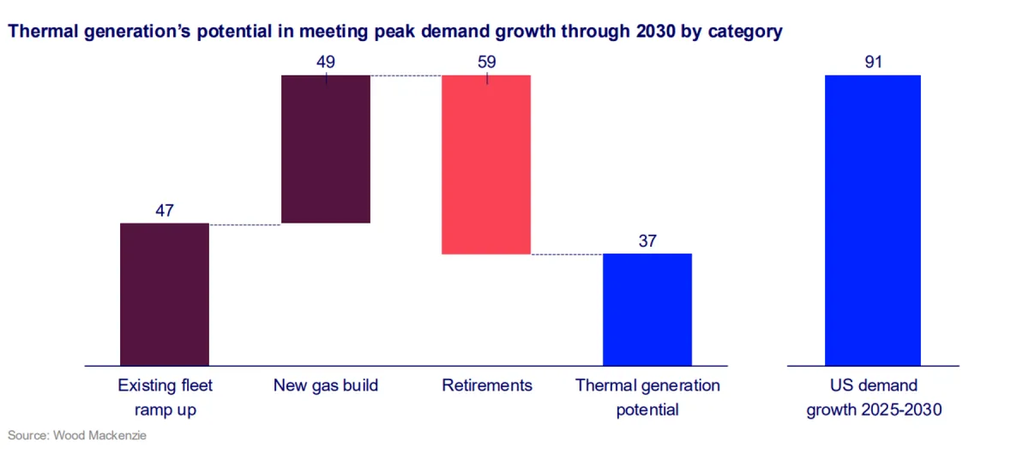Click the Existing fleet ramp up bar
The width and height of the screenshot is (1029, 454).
pyautogui.click(x=165, y=294)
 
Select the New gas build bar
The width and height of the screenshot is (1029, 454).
pyautogui.click(x=326, y=149)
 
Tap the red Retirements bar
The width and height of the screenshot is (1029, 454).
pyautogui.click(x=486, y=164)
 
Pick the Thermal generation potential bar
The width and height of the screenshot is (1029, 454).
pyautogui.click(x=647, y=309)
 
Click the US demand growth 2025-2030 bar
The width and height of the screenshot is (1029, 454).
pyautogui.click(x=873, y=220)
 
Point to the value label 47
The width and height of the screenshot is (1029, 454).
pyautogui.click(x=165, y=211)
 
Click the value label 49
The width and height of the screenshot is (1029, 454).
pyautogui.click(x=326, y=63)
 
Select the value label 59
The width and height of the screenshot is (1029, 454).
pyautogui.click(x=486, y=63)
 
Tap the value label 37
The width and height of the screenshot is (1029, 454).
pyautogui.click(x=647, y=241)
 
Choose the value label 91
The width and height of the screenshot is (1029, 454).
pyautogui.click(x=873, y=63)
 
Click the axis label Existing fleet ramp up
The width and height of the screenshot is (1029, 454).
pyautogui.click(x=165, y=397)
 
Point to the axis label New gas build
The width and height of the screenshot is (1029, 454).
pyautogui.click(x=326, y=385)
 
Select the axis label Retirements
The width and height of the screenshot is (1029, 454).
pyautogui.click(x=487, y=385)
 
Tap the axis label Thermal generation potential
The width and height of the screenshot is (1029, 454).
pyautogui.click(x=647, y=397)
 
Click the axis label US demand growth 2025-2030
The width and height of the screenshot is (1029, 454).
pyautogui.click(x=873, y=397)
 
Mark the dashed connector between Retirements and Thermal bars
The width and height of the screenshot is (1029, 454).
pyautogui.click(x=567, y=254)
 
